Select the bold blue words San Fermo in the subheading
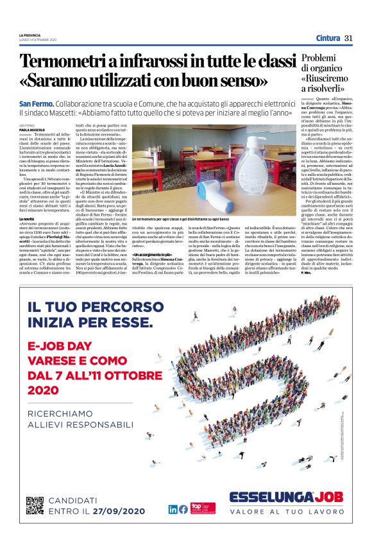click(x=36, y=103)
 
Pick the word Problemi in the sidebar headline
click(x=318, y=60)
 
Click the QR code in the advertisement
click(x=35, y=505)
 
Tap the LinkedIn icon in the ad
click(x=173, y=509)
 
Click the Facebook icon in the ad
click(x=183, y=509)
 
